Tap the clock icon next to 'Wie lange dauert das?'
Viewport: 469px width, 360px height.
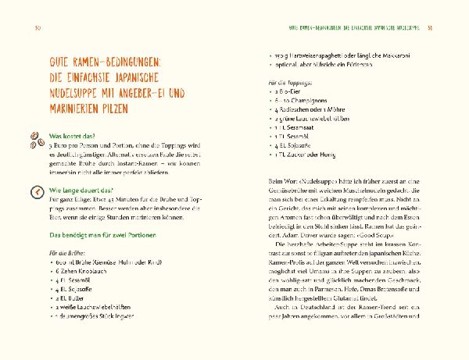(x=34, y=192)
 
